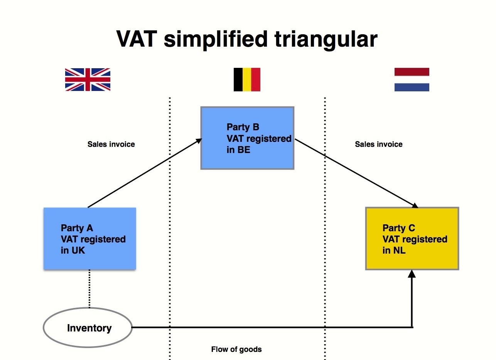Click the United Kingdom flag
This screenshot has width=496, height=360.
pyautogui.click(x=88, y=79)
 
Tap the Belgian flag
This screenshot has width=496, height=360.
pyautogui.click(x=247, y=79)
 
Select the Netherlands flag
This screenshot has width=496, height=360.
pyautogui.click(x=412, y=79)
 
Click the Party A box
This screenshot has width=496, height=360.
pyautogui.click(x=89, y=238)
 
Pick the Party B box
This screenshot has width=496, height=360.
pyautogui.click(x=247, y=138)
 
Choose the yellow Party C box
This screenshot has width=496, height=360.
pyautogui.click(x=412, y=238)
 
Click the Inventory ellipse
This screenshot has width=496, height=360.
pyautogui.click(x=88, y=328)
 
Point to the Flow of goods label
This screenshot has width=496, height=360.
pyautogui.click(x=236, y=350)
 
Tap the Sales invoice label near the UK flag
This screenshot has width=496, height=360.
pyautogui.click(x=111, y=145)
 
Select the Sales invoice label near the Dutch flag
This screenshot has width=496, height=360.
pyautogui.click(x=378, y=145)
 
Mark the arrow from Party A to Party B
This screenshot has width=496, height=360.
pyautogui.click(x=145, y=173)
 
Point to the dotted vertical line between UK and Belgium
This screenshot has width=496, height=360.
pyautogui.click(x=170, y=231)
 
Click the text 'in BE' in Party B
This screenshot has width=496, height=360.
pyautogui.click(x=238, y=150)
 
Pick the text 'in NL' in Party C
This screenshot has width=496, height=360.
pyautogui.click(x=394, y=251)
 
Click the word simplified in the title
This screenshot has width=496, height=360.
pyautogui.click(x=215, y=39)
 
